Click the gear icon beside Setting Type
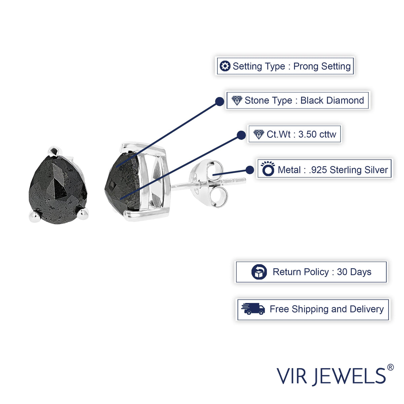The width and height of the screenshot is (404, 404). click(225, 66)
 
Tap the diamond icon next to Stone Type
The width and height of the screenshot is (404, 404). click(237, 100)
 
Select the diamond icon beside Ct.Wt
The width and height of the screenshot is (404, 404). click(259, 134)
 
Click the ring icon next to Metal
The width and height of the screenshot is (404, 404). click(268, 169)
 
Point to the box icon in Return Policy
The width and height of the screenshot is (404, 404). click(259, 272)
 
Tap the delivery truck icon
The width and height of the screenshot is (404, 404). click(253, 309)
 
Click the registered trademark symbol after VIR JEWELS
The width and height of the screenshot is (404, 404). click(390, 367)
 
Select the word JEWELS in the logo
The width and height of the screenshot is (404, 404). click(350, 376)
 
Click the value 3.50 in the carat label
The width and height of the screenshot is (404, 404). click(307, 134)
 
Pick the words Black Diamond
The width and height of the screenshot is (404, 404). click(332, 100)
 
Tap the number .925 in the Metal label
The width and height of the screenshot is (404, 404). click(318, 170)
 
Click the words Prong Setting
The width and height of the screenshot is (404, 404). click(322, 66)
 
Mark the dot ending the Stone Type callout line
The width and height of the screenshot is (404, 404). click(220, 101)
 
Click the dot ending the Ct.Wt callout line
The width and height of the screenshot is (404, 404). click(241, 135)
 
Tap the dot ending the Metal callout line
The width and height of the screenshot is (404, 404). click(249, 170)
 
